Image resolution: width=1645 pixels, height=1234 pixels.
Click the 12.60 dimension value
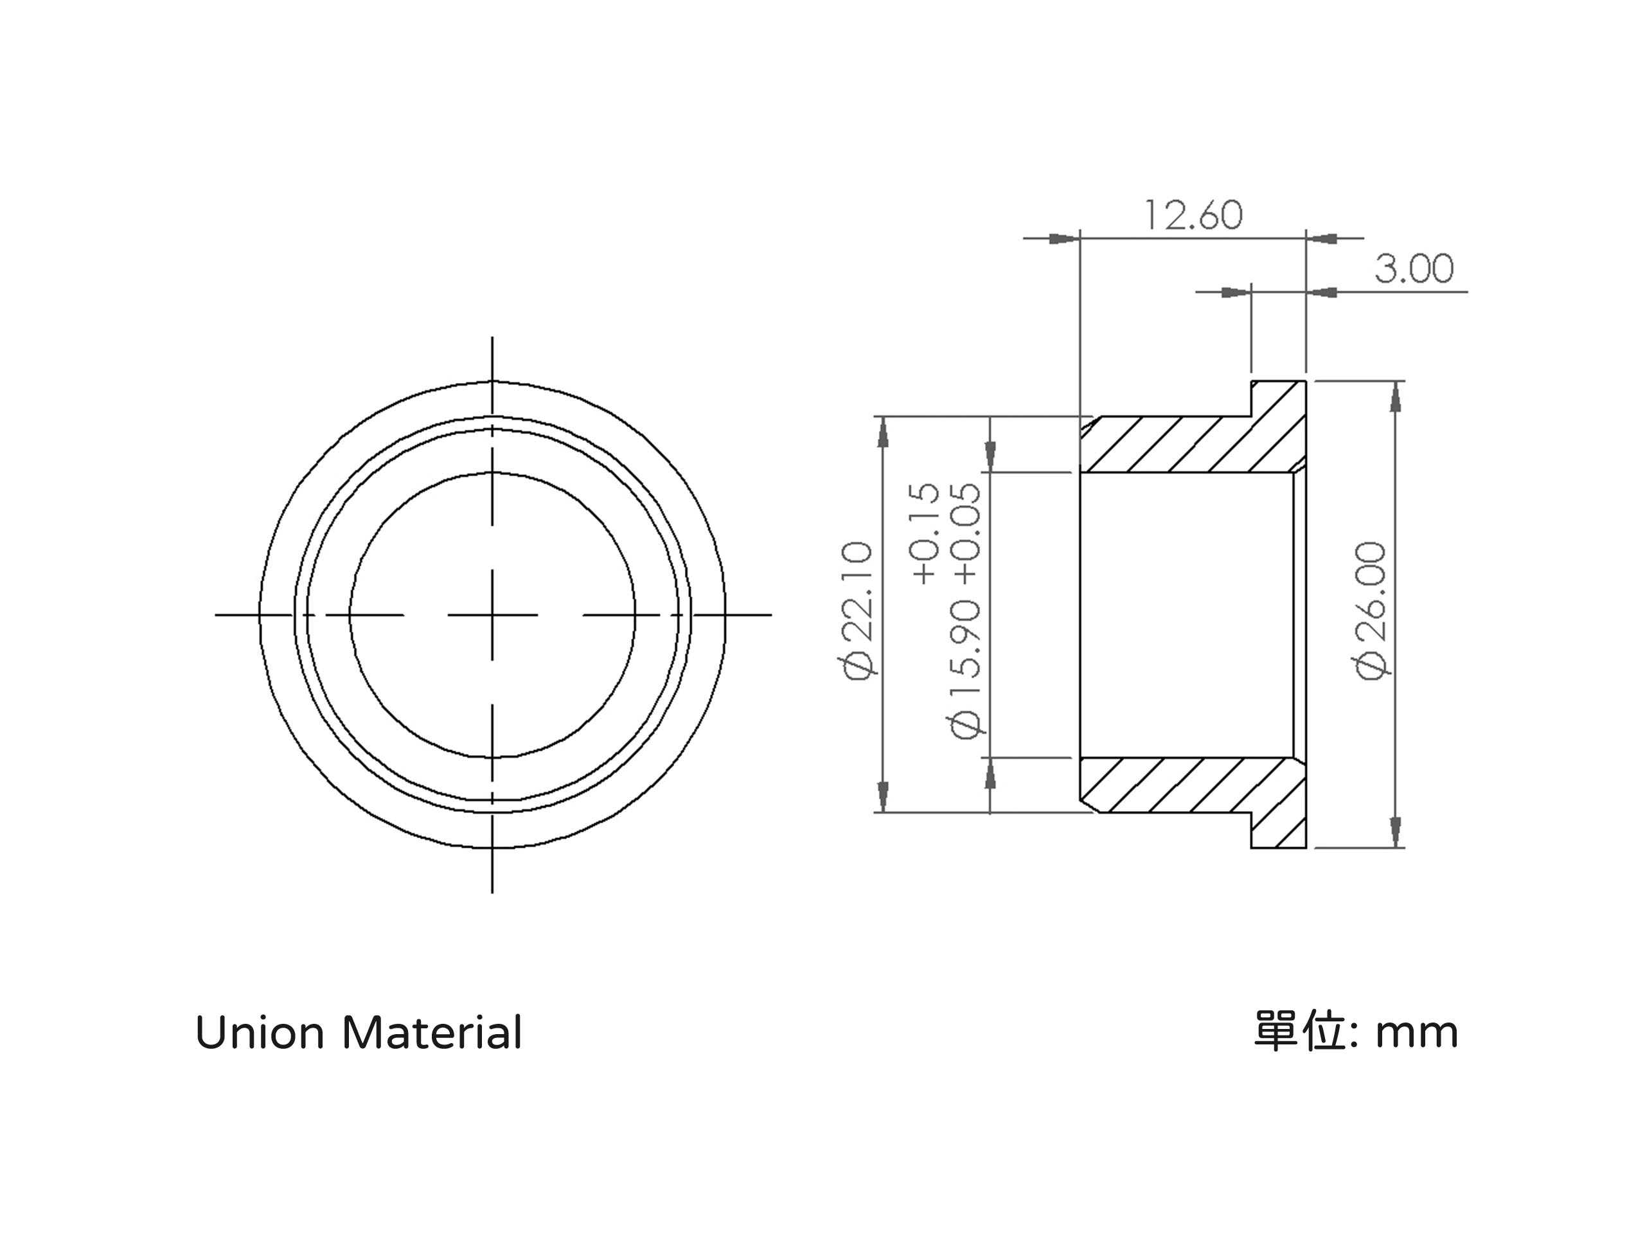[x=1192, y=215]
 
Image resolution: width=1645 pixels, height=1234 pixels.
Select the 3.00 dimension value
[x=1414, y=269]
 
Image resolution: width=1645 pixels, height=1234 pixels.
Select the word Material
[x=432, y=1033]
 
